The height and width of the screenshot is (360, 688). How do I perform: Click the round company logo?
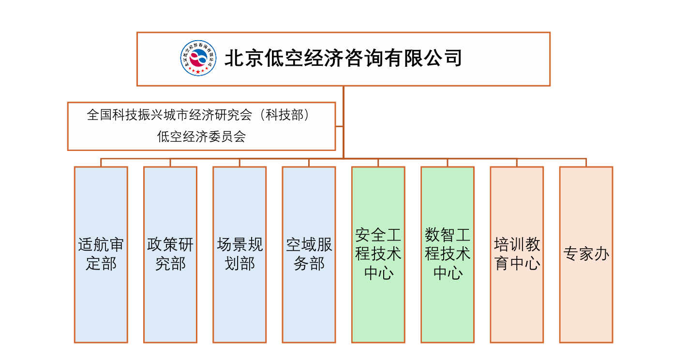(x=198, y=59)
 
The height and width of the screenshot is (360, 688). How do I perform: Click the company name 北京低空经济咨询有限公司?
(x=343, y=58)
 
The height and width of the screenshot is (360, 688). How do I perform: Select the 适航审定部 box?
(x=101, y=255)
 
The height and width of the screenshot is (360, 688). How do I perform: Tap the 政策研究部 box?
(x=170, y=255)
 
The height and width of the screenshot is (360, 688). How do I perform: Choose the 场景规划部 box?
(x=239, y=255)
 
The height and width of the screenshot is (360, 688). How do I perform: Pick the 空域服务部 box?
(x=309, y=255)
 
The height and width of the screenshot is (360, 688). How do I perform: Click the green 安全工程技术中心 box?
(x=378, y=255)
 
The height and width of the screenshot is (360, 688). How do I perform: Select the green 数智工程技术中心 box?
(x=448, y=255)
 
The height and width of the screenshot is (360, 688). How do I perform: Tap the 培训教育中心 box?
(x=517, y=255)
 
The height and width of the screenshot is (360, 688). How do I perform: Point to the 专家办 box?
(x=586, y=255)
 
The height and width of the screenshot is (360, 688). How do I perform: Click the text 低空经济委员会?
(x=201, y=137)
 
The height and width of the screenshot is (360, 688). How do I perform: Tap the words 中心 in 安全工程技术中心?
(x=378, y=273)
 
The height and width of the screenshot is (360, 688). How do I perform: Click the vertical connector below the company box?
(x=344, y=97)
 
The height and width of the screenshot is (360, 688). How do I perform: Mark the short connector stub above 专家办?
(x=586, y=163)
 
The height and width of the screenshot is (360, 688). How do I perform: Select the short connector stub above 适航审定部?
(x=101, y=163)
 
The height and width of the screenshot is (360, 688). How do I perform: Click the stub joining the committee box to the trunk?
(x=339, y=127)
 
